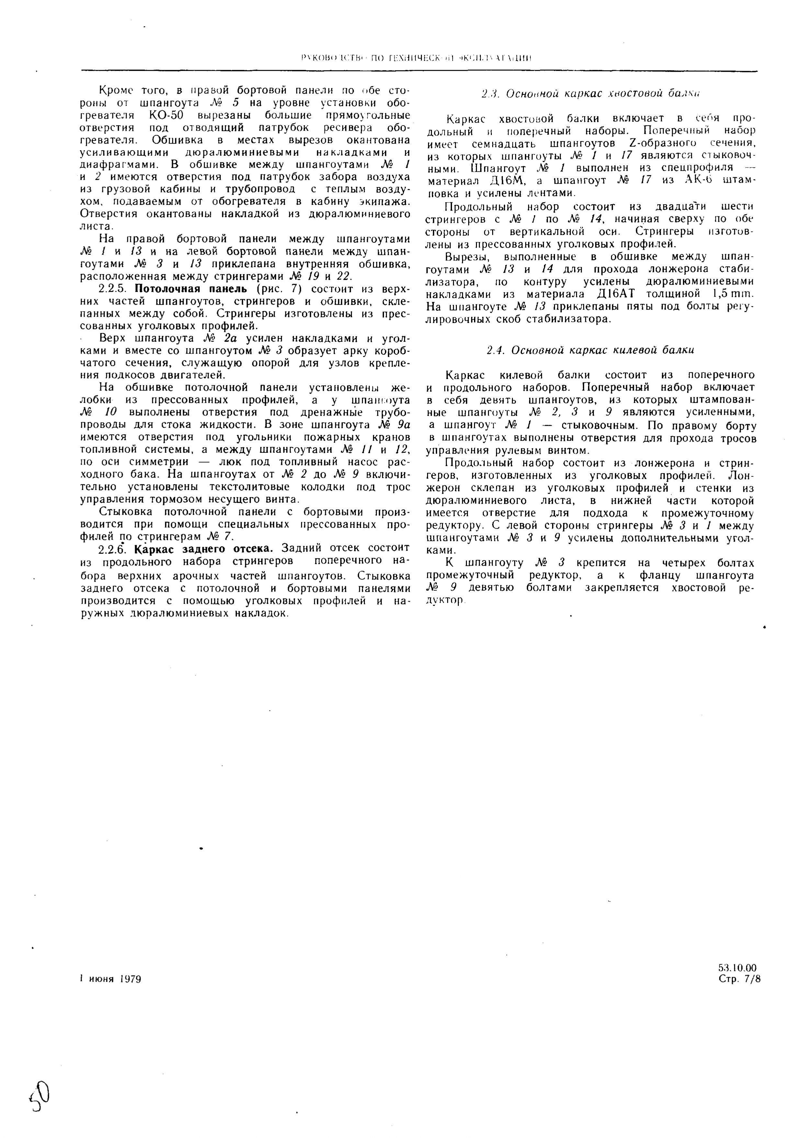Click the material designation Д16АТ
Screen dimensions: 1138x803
tap(613, 294)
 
